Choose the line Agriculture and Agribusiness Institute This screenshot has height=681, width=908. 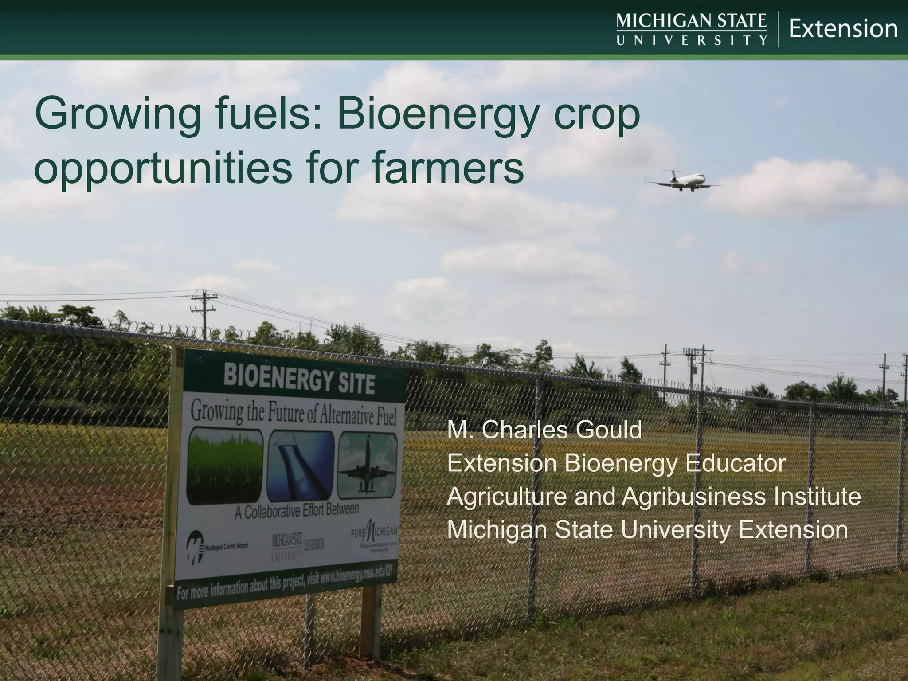click(654, 496)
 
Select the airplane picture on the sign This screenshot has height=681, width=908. click(367, 466)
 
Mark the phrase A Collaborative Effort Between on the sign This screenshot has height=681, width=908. click(297, 510)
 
